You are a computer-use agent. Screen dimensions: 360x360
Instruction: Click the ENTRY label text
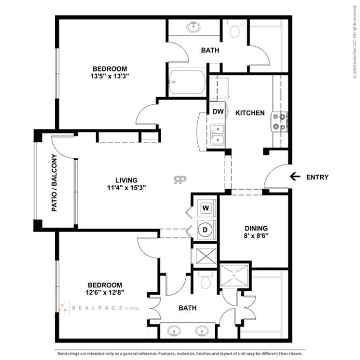[317, 177]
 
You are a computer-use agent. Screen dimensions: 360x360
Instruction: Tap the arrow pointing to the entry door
[294, 176]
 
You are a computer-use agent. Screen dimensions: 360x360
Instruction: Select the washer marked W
[205, 207]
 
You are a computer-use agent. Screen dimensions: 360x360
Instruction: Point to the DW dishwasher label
[218, 112]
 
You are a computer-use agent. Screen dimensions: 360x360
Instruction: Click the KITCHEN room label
[250, 113]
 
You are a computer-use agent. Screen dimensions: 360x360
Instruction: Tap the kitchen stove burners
[280, 121]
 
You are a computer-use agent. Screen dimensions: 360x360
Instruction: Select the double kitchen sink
[218, 134]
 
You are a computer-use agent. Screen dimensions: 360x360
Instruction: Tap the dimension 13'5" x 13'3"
[110, 76]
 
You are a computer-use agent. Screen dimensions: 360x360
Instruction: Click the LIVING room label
[126, 180]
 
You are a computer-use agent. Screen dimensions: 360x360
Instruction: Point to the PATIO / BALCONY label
[54, 183]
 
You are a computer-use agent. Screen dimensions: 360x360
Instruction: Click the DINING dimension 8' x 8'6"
[256, 235]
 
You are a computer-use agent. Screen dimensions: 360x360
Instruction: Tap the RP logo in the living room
[180, 180]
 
